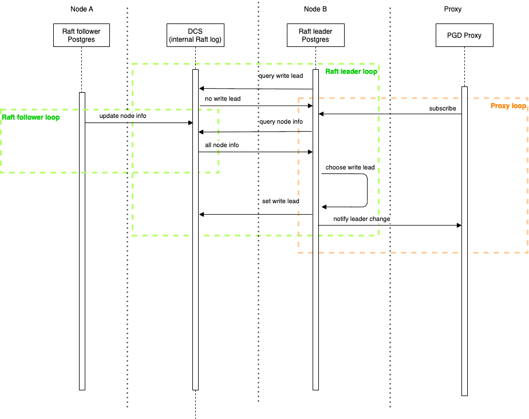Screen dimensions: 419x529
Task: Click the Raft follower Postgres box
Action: [81, 35]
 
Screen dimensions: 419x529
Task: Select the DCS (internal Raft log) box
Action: [195, 35]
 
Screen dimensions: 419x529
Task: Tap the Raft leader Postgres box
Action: [315, 35]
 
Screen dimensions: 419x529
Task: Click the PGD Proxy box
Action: [464, 35]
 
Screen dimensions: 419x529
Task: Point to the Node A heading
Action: [82, 9]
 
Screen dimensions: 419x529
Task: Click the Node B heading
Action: [315, 9]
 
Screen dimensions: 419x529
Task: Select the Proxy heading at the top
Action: [452, 9]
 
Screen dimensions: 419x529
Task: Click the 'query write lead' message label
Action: [281, 76]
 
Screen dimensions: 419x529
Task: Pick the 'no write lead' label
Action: [223, 99]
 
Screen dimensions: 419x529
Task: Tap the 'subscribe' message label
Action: [443, 108]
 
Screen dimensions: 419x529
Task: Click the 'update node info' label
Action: [123, 116]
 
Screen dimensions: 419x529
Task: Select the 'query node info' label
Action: [281, 122]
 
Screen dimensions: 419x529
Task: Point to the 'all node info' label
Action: [222, 145]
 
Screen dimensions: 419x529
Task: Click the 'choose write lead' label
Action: [350, 168]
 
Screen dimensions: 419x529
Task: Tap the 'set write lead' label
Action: [281, 201]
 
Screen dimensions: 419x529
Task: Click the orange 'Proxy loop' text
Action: [508, 106]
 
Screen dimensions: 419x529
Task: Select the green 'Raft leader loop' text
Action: [351, 72]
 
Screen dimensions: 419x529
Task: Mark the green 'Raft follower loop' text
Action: [30, 117]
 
